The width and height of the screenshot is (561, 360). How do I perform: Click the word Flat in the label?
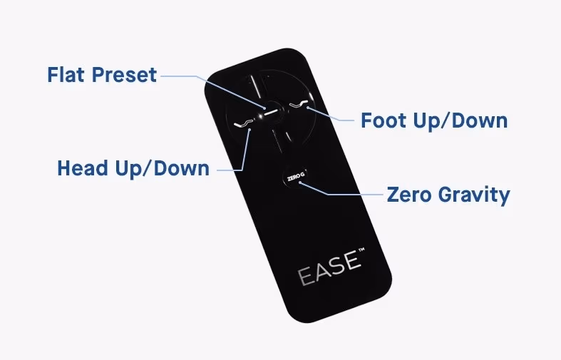point(66,74)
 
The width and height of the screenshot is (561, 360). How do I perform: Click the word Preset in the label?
point(125,75)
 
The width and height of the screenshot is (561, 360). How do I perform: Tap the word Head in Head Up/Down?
point(83,168)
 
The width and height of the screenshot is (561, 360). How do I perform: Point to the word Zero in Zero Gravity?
point(409,195)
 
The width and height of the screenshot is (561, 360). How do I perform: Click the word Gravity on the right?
point(474,195)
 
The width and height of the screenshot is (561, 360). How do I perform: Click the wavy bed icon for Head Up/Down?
point(243,123)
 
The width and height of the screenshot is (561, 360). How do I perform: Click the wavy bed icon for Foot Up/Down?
point(299,104)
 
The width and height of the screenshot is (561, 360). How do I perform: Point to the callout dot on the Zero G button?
point(300,183)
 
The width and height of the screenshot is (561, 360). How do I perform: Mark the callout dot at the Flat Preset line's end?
point(264,108)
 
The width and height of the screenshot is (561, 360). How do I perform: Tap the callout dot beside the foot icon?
point(308,107)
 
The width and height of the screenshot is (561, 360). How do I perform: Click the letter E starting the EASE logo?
point(305,277)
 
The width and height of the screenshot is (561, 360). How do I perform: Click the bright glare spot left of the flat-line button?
point(259,116)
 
